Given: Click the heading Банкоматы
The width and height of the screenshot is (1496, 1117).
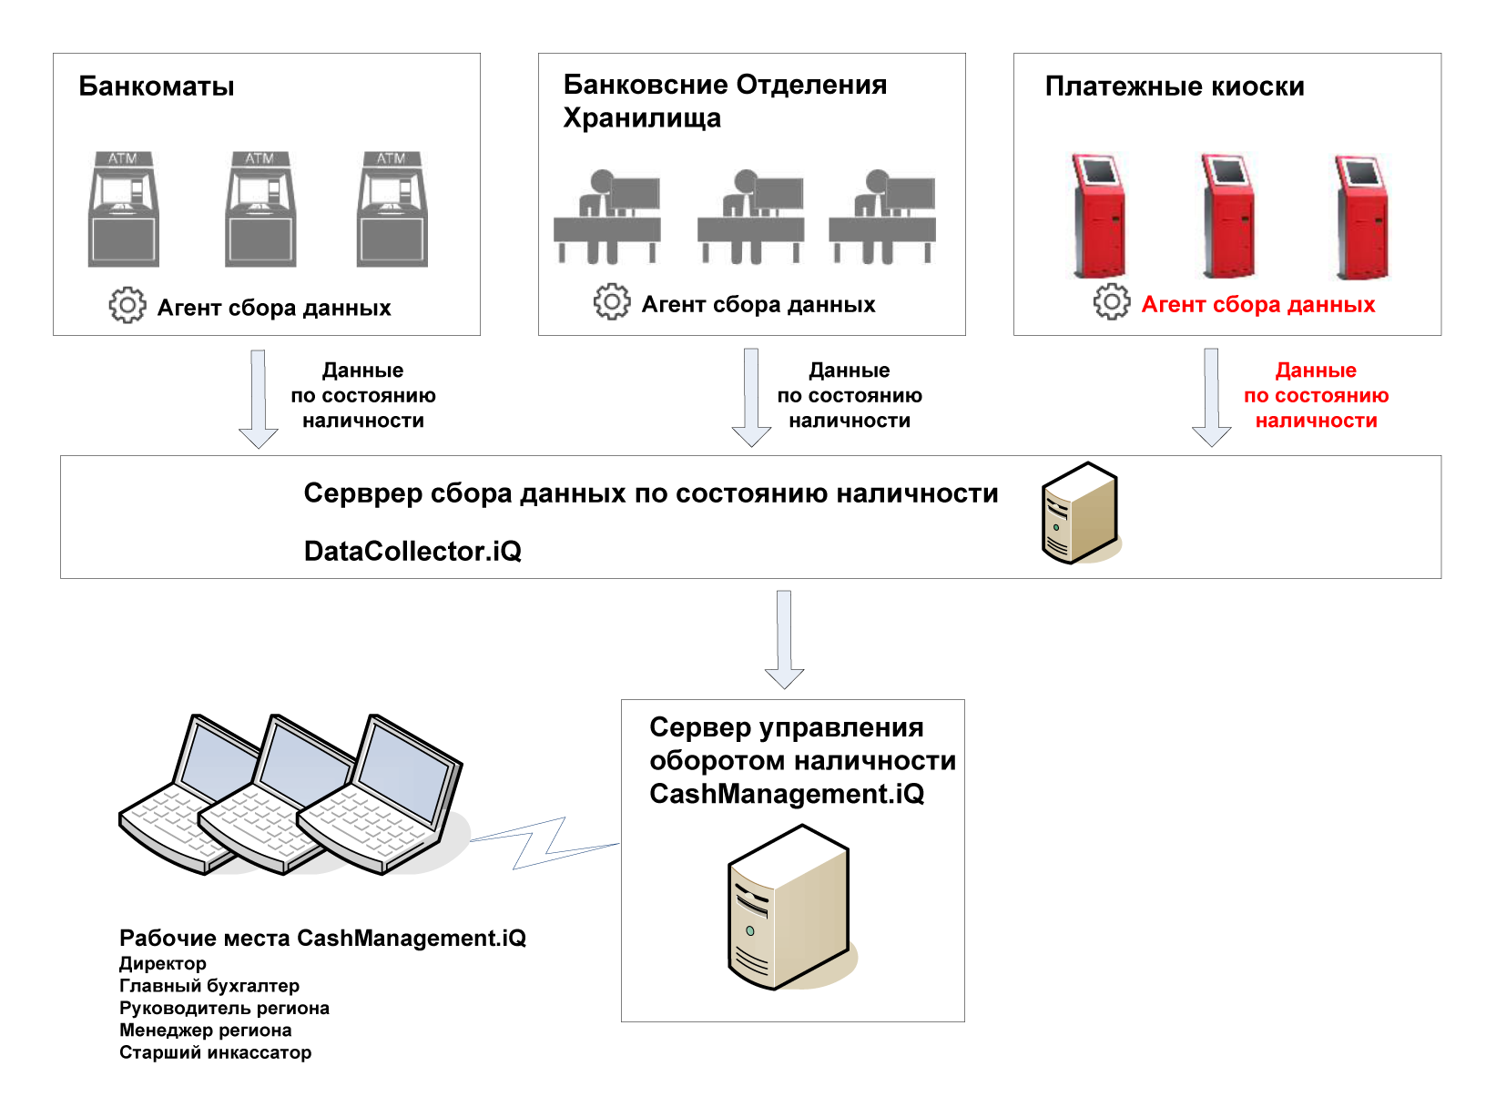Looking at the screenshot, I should pyautogui.click(x=157, y=86).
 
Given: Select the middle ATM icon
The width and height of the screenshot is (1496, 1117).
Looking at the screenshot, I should pyautogui.click(x=260, y=209).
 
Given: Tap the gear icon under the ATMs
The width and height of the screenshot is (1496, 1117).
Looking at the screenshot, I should pyautogui.click(x=127, y=306).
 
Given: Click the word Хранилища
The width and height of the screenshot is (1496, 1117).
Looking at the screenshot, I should pyautogui.click(x=642, y=118).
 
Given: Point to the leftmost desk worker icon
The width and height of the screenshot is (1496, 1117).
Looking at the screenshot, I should pyautogui.click(x=606, y=217).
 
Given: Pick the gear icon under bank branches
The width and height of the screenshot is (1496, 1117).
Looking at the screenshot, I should pyautogui.click(x=611, y=302).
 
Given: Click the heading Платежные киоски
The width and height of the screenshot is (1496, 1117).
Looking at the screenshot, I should pyautogui.click(x=1175, y=86).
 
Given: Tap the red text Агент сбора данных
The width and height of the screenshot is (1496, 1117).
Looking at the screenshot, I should pyautogui.click(x=1258, y=305).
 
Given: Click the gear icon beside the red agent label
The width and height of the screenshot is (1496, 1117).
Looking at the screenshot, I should pyautogui.click(x=1111, y=302).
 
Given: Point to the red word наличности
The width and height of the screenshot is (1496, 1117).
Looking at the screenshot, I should pyautogui.click(x=1316, y=421).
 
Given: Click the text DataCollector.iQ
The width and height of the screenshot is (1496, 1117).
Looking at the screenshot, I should pyautogui.click(x=412, y=552).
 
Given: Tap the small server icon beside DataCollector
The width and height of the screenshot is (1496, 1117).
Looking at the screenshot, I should pyautogui.click(x=1080, y=513).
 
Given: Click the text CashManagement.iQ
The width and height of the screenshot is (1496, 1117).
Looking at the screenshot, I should pyautogui.click(x=787, y=794).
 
